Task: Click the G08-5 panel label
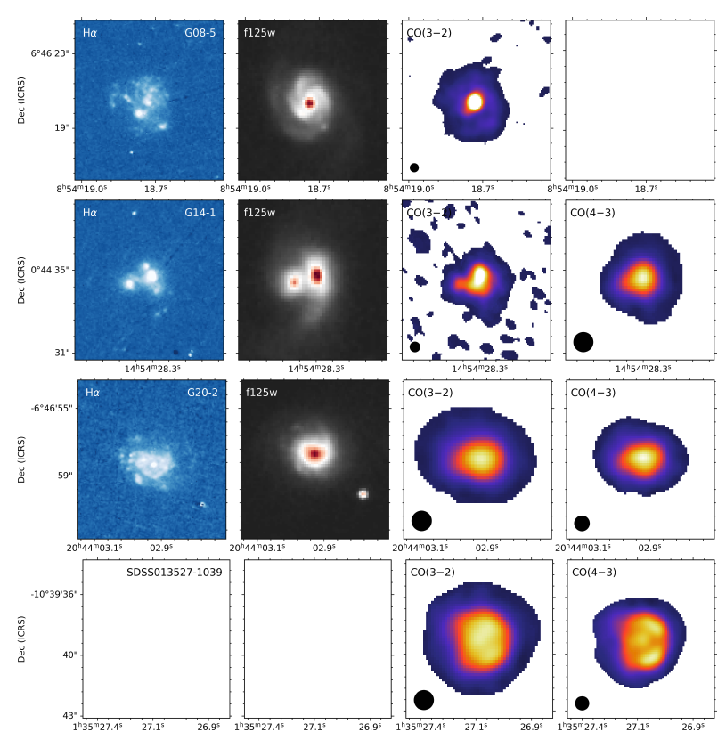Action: tap(200, 33)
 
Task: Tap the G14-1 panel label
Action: tap(200, 213)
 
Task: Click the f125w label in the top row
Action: tap(259, 33)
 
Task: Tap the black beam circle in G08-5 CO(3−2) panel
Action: tap(414, 167)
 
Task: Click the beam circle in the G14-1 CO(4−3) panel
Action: tap(583, 342)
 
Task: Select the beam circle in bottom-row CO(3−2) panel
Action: tap(424, 700)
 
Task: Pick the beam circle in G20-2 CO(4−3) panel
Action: tap(582, 524)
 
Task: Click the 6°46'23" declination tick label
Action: tap(50, 53)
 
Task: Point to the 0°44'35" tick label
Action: tap(50, 270)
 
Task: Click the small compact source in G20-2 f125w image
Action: tap(363, 493)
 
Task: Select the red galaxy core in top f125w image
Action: tap(309, 103)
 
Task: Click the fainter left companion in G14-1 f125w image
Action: tap(294, 281)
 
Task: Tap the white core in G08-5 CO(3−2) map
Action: tap(475, 102)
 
